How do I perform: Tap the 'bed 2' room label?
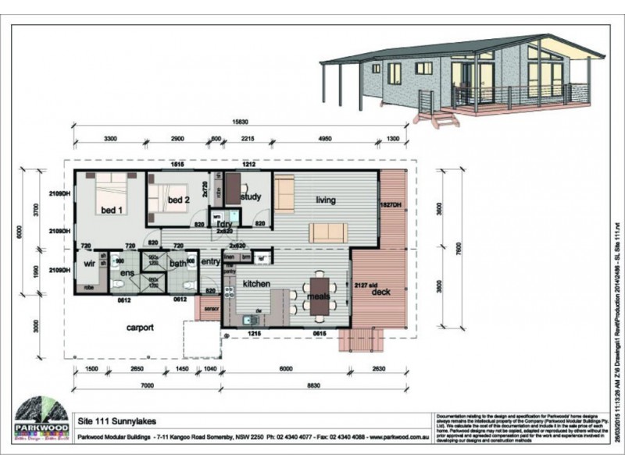coord(179,200)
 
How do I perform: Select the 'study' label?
coord(251,197)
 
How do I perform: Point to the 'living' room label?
coord(326,200)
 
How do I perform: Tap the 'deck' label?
coord(381,292)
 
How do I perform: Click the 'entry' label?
coord(211,263)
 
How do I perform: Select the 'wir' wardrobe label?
coord(88,264)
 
